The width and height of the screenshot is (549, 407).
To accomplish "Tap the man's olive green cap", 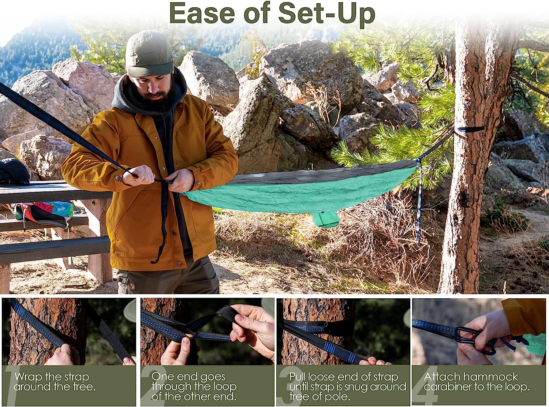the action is point(149,53).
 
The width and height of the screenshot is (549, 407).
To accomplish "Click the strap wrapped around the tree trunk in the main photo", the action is point(469,130).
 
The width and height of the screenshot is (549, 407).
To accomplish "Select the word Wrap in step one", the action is point(28,378).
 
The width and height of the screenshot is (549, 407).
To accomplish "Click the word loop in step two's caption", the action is point(225,387).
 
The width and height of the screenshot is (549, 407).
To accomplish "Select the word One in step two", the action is point(163,377).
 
